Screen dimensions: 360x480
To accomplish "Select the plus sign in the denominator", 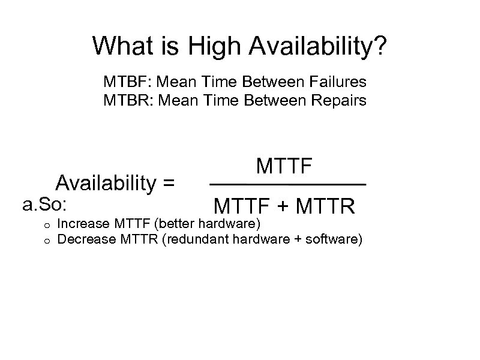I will point(287,208).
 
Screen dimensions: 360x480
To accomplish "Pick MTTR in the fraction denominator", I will point(327,207).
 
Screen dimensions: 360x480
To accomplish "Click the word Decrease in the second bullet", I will point(81,240).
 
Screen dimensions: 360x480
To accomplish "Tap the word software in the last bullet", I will point(336,240).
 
